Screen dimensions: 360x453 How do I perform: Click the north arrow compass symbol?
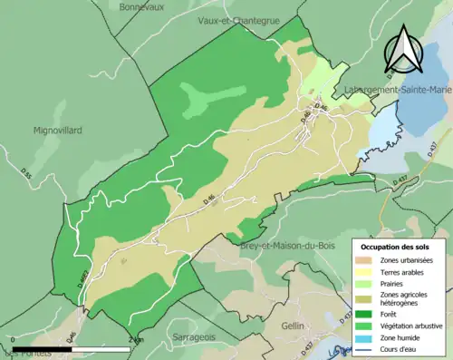[x=403, y=49]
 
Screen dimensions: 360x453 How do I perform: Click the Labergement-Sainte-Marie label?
[x=398, y=90]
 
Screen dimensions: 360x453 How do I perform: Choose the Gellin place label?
[x=293, y=325]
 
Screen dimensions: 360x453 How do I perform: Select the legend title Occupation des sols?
[x=396, y=247]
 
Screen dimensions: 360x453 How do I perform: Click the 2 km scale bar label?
[x=136, y=339]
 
